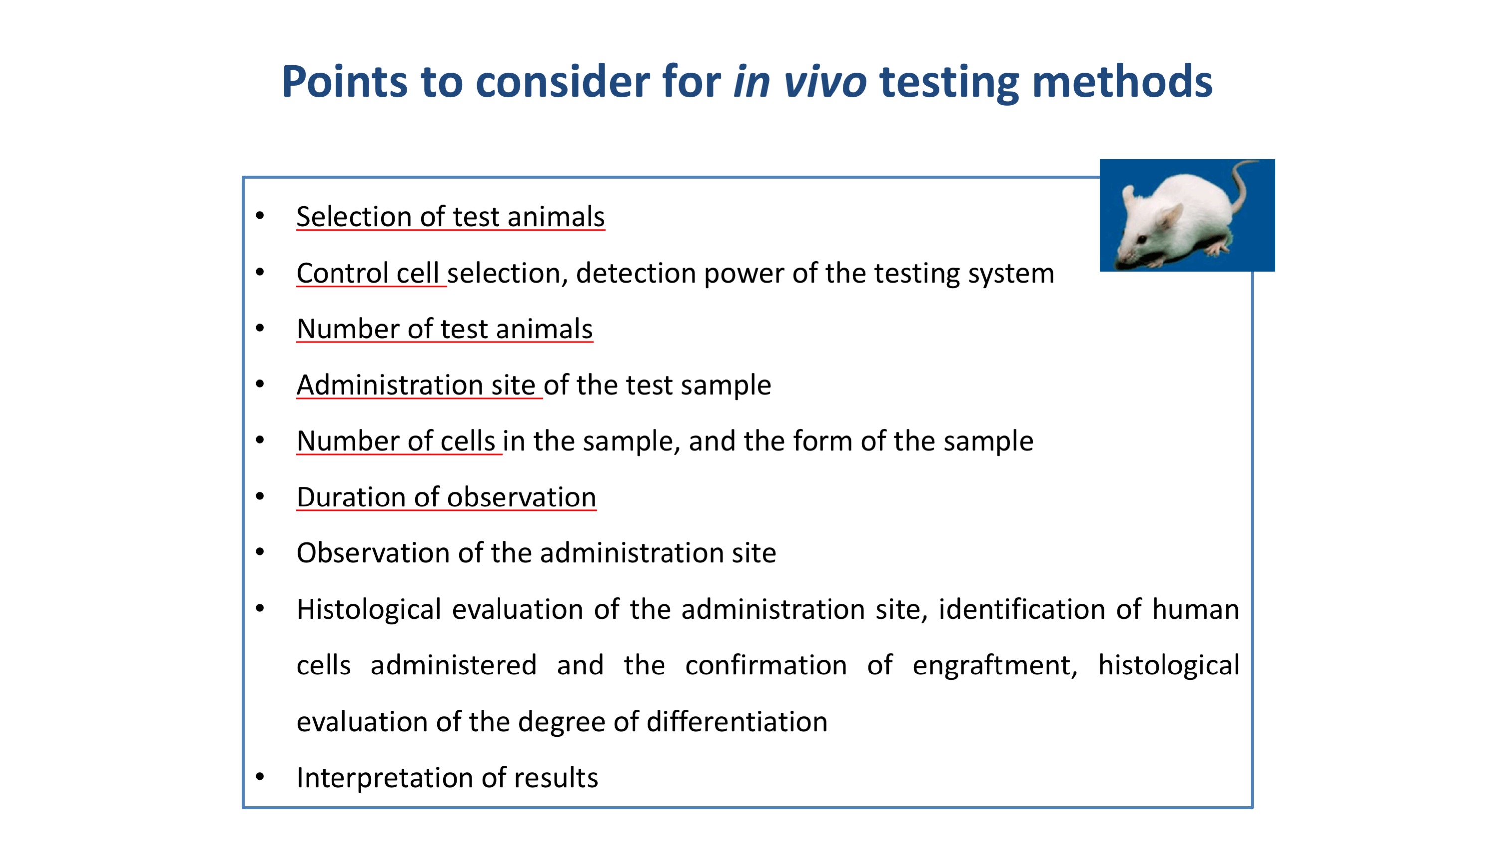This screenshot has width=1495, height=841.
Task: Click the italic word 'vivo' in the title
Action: [825, 82]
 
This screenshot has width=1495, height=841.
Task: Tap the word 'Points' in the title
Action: [345, 82]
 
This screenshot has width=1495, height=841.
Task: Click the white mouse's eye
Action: [1142, 239]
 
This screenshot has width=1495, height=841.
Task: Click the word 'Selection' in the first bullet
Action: [354, 216]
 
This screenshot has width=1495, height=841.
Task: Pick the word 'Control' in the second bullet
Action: [342, 273]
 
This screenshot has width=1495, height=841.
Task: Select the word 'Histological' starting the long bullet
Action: [369, 609]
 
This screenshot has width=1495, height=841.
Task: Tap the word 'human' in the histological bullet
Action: [1195, 609]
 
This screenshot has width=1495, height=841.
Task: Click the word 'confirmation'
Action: [766, 665]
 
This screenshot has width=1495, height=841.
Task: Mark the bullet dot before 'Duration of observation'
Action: [260, 496]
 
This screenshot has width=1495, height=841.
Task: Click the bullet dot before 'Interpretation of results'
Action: [260, 777]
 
